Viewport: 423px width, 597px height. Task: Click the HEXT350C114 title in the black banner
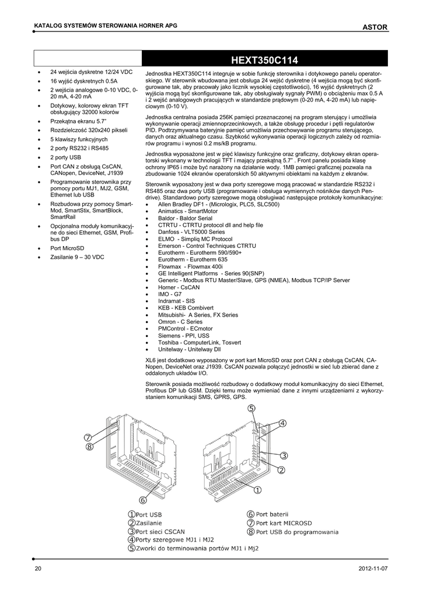264,59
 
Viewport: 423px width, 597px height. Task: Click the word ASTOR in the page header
375,27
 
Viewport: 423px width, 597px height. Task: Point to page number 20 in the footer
38,568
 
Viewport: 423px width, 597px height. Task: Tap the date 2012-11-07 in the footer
372,568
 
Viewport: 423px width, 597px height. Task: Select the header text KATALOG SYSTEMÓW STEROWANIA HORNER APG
106,27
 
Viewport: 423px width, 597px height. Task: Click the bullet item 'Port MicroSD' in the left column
67,248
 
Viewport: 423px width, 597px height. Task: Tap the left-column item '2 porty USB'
66,157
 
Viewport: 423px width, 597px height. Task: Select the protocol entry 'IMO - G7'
170,294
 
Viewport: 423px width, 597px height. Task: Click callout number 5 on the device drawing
251,409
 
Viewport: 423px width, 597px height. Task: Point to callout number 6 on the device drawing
143,500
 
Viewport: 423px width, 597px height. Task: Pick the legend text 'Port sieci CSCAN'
160,531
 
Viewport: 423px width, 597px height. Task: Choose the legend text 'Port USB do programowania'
297,531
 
